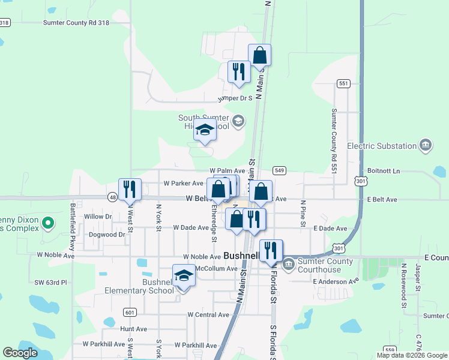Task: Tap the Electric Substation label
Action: point(382,146)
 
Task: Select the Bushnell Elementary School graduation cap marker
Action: point(184,277)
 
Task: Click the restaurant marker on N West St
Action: point(130,190)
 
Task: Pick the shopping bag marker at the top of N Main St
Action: point(259,55)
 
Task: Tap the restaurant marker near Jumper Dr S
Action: point(239,72)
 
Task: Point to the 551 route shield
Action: point(343,83)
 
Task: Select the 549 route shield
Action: point(279,171)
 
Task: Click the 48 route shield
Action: point(113,197)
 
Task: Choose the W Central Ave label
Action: point(208,314)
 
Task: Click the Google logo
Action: point(20,353)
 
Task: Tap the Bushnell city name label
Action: point(241,256)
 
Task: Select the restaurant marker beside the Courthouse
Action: point(271,251)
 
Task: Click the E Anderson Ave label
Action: point(336,280)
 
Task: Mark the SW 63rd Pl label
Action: point(51,281)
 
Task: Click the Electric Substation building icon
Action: point(426,145)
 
